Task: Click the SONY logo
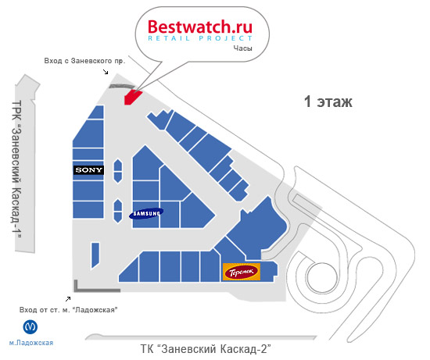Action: [x=88, y=170]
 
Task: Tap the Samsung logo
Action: [x=146, y=213]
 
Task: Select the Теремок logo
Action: [x=242, y=272]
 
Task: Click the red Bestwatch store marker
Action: [x=132, y=96]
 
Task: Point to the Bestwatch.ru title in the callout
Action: [x=200, y=27]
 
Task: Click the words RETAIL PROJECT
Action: [x=200, y=38]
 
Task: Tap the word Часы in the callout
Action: [x=242, y=48]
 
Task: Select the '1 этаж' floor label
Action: [x=328, y=102]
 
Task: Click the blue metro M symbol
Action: [x=30, y=327]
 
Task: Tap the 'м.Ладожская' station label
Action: [x=31, y=343]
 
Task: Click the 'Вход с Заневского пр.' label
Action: [x=84, y=61]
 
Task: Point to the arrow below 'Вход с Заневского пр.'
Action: [x=106, y=72]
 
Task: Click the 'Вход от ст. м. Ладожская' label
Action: [x=69, y=310]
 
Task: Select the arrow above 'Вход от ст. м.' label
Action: [x=68, y=298]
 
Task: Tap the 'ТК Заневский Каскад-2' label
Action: [x=206, y=349]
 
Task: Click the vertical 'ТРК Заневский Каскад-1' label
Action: [x=17, y=169]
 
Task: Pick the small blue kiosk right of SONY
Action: [x=118, y=171]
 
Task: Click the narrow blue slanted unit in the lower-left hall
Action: [x=95, y=255]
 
